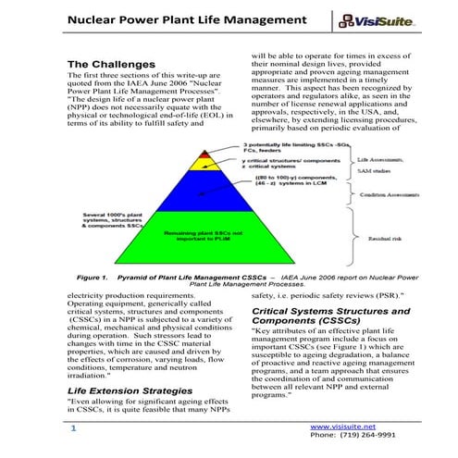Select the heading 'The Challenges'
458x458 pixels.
coord(111,64)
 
